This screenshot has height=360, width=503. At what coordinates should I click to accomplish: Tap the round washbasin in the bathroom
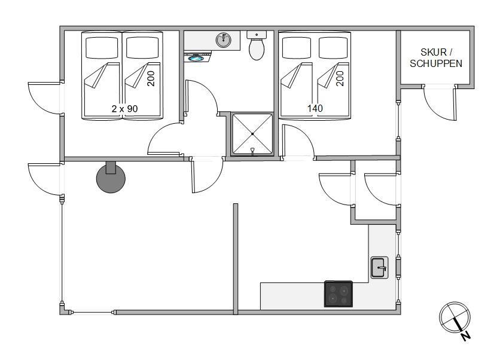pos(224,40)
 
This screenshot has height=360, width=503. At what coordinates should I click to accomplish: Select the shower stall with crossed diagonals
pos(252,134)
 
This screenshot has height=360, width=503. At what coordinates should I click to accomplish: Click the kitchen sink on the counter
pos(380,267)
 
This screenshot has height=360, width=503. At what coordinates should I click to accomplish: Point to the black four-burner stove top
pos(339,294)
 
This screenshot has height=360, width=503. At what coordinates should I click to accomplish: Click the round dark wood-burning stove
pos(111,178)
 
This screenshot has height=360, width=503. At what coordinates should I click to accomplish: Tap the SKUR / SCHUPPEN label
pos(436,58)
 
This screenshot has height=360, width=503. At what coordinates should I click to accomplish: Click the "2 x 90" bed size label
pos(125,108)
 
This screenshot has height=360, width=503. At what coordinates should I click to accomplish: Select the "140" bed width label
pos(315,108)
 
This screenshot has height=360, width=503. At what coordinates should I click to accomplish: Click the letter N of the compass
pos(466,336)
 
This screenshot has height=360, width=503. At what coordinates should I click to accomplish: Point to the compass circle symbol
pos(455,317)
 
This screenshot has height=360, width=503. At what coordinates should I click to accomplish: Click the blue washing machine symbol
pos(196,58)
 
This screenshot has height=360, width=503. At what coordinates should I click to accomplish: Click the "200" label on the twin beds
pos(151,78)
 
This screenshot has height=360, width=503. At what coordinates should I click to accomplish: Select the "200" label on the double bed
pos(340,78)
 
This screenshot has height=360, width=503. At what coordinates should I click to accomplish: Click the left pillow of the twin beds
pos(102,47)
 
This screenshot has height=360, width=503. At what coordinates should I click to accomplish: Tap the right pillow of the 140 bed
pos(333,47)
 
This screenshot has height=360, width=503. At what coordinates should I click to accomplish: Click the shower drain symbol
pos(252,150)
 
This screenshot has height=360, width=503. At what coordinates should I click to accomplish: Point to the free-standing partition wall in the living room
pos(236,258)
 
